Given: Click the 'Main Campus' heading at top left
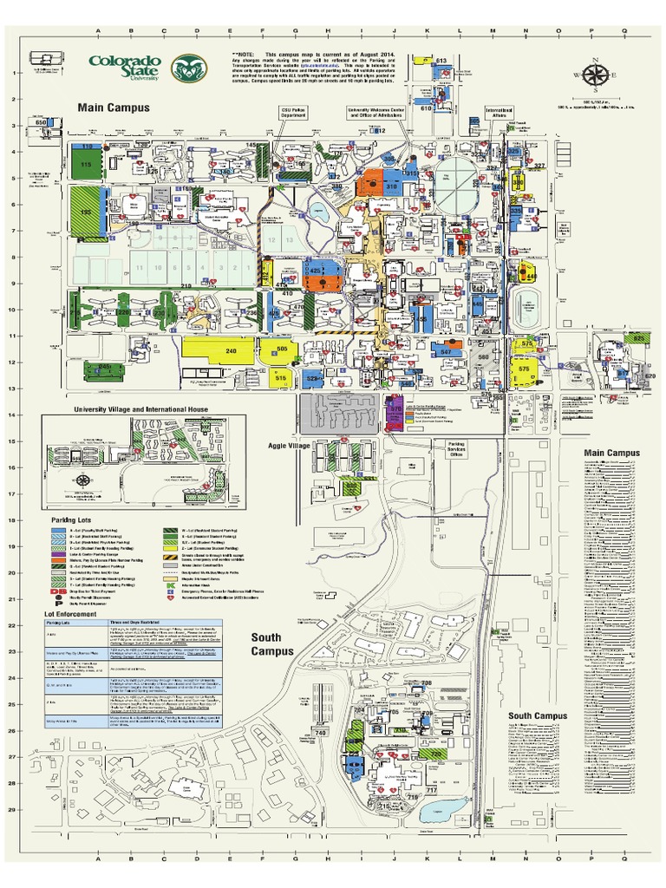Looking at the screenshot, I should click(x=114, y=108).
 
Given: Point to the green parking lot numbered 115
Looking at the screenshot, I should click(x=86, y=163).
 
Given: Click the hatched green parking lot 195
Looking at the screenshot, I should click(x=86, y=212).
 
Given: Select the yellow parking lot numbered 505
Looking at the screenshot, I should click(x=281, y=349).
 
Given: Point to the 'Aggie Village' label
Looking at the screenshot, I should click(x=289, y=445).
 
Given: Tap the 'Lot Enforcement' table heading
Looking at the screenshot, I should click(x=73, y=611).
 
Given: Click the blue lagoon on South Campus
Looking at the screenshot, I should click(x=434, y=812).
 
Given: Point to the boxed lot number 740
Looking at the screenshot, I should click(x=322, y=733).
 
